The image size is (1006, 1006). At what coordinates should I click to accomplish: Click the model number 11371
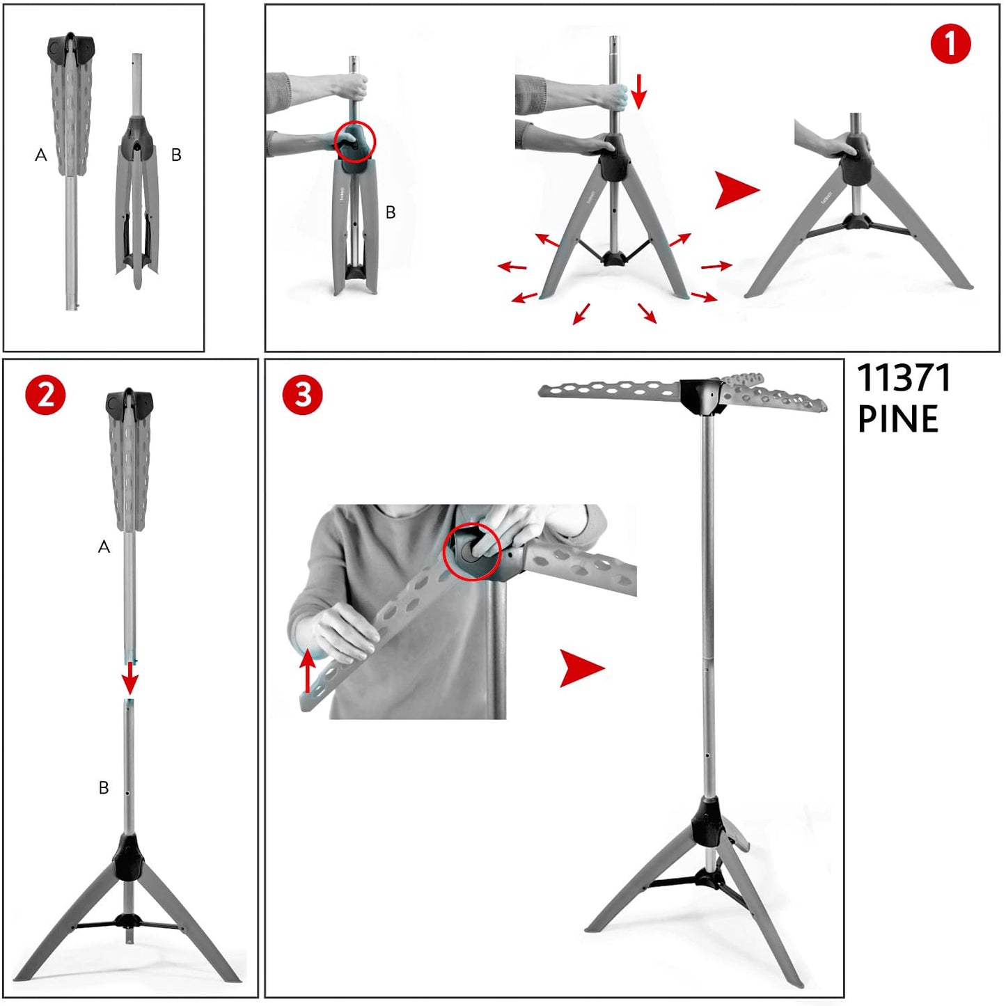[x=904, y=378]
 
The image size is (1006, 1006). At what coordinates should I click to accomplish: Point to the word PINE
[x=898, y=418]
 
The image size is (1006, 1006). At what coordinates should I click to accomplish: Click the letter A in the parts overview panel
[x=40, y=155]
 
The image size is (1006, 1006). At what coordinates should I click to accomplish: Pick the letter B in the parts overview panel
[x=176, y=155]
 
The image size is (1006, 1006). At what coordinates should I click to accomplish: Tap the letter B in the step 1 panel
[x=391, y=212]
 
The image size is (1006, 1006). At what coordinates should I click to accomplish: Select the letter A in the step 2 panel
[x=104, y=547]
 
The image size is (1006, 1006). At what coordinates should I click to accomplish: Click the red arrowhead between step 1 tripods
[x=737, y=191]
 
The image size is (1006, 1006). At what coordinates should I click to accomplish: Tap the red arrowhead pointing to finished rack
[x=581, y=668]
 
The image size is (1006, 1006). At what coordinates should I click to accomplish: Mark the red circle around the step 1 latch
[x=355, y=141]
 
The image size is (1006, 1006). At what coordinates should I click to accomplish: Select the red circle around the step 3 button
[x=472, y=551]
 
